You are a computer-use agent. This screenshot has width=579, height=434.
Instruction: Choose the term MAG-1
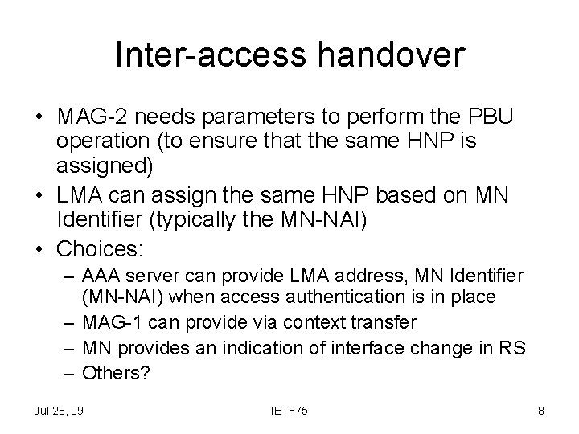106,322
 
